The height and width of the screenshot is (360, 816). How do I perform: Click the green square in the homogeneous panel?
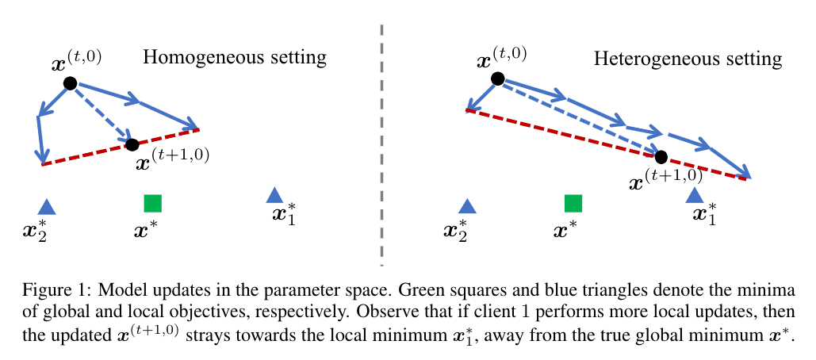click(x=153, y=203)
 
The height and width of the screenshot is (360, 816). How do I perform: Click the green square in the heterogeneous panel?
click(x=573, y=203)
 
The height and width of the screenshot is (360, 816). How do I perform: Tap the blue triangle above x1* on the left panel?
click(x=274, y=195)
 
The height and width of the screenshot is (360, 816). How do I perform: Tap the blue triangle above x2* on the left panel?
click(x=47, y=207)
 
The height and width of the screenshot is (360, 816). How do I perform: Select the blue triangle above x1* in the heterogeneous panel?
click(x=695, y=195)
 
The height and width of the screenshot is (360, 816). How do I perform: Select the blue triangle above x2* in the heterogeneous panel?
click(x=467, y=207)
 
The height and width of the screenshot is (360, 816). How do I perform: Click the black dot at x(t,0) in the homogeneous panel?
click(x=70, y=82)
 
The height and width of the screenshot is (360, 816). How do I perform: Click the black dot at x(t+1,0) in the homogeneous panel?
click(x=132, y=144)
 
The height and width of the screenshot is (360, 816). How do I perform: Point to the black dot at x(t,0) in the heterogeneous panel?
click(x=497, y=78)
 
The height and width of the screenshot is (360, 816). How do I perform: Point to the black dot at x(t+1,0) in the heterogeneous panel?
click(x=661, y=157)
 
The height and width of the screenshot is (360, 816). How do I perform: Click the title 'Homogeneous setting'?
click(x=235, y=58)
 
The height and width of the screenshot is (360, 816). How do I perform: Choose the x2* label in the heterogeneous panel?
click(x=457, y=231)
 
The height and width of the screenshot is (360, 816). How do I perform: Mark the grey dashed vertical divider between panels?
click(x=381, y=143)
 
